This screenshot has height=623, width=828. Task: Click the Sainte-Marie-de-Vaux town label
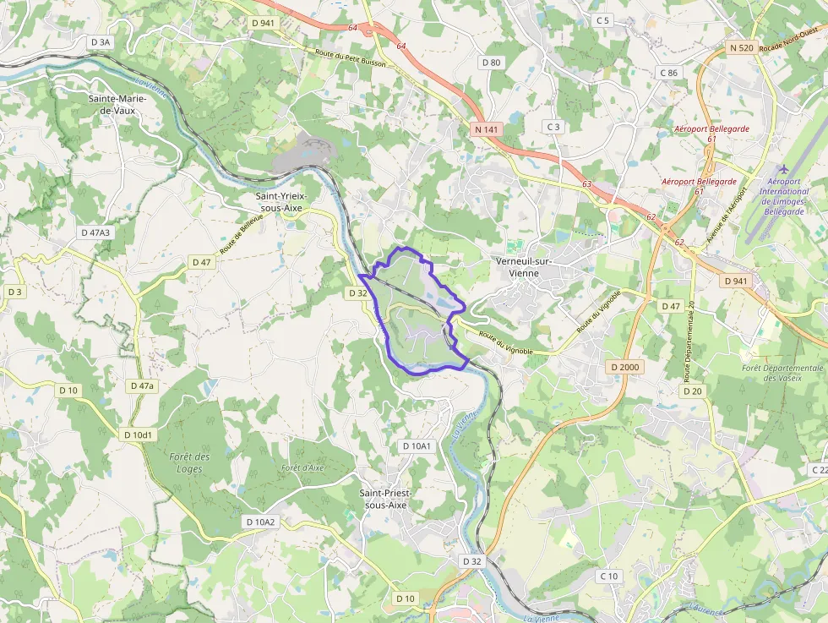pos(117,104)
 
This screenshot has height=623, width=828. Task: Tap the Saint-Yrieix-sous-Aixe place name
pos(282,202)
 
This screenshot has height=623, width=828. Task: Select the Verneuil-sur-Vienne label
pos(524,267)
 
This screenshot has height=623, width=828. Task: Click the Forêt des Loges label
pos(189,462)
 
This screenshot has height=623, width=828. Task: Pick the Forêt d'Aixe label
pos(302,467)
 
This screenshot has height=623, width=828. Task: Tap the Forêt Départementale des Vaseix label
pos(782,373)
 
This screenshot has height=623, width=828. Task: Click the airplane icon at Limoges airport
pos(785,169)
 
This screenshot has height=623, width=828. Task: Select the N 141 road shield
pos(486,128)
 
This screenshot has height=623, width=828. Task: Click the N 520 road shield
pos(741,49)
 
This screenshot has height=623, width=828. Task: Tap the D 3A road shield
pos(100,41)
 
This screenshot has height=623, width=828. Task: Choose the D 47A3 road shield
pos(95,232)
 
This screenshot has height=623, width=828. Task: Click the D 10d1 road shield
pos(137,434)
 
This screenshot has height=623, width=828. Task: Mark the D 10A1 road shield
pos(417,445)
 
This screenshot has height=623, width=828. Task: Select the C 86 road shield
pos(667,73)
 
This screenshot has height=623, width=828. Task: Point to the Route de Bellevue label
pos(242,234)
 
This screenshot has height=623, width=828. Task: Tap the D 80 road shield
pos(491,63)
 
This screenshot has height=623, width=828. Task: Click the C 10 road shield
pos(608,576)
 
